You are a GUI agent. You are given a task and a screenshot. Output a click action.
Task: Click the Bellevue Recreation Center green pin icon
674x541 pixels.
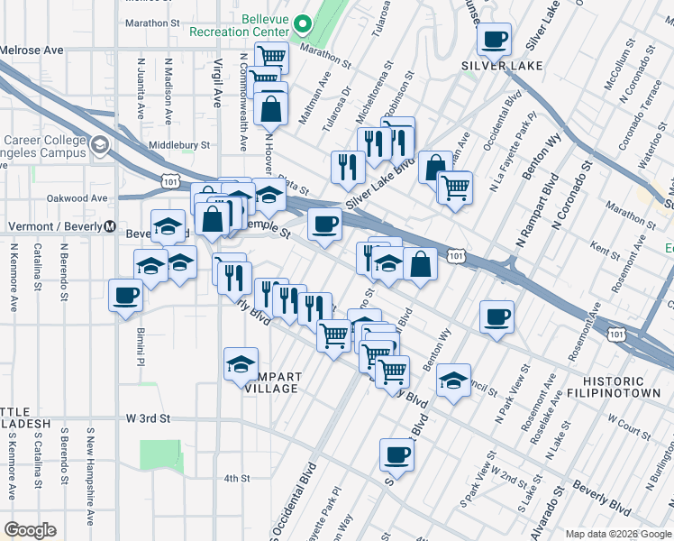[304, 24]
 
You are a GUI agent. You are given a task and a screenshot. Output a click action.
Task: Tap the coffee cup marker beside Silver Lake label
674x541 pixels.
[495, 41]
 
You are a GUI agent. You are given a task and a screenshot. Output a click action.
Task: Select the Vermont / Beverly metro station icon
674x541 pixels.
[110, 226]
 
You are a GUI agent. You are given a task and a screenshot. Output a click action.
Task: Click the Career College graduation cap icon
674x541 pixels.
[99, 145]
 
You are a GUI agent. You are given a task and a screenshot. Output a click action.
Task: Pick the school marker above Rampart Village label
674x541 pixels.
[241, 364]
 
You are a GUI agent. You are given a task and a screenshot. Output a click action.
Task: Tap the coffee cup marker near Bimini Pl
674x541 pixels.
[126, 296]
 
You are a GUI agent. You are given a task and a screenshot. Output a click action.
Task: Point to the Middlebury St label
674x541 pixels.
[178, 144]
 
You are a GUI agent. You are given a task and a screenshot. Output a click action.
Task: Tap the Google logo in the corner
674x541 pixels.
[30, 530]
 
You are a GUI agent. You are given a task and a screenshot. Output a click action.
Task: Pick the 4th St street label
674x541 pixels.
[236, 478]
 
